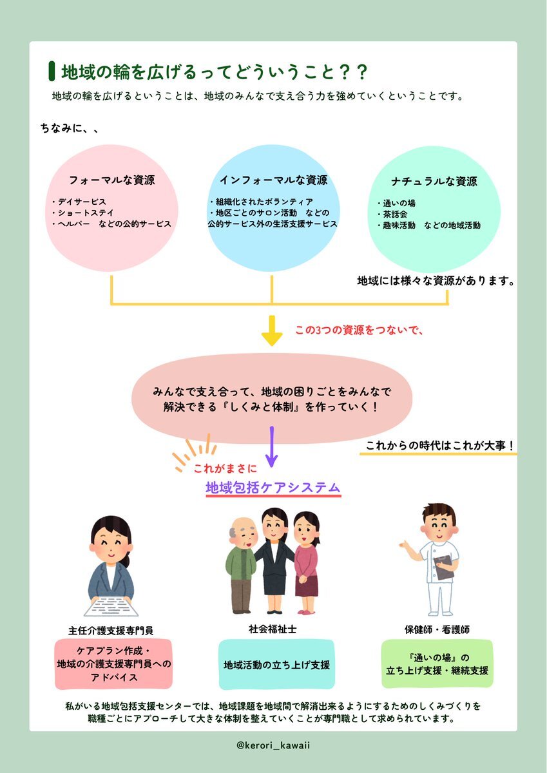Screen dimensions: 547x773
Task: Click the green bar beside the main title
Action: tap(52, 71)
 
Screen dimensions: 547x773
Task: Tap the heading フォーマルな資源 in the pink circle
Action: tap(112, 180)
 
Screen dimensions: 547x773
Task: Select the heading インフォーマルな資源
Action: tap(273, 180)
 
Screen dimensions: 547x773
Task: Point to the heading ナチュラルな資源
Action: tap(434, 182)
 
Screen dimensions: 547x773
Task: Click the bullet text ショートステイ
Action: tap(83, 213)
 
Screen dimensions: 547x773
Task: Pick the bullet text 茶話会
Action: tap(392, 214)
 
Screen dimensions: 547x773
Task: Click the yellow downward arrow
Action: tap(272, 330)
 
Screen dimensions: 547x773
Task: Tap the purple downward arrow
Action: tap(272, 446)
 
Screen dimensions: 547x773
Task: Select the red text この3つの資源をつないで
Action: tap(359, 330)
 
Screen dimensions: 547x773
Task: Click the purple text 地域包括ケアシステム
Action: tap(273, 487)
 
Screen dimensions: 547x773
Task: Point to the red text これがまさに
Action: tap(226, 468)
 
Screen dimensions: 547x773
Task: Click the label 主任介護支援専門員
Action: tap(111, 631)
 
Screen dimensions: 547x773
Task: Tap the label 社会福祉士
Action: tap(273, 629)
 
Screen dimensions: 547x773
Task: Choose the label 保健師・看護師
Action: tap(437, 629)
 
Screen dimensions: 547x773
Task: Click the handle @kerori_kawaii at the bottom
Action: tap(273, 745)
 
